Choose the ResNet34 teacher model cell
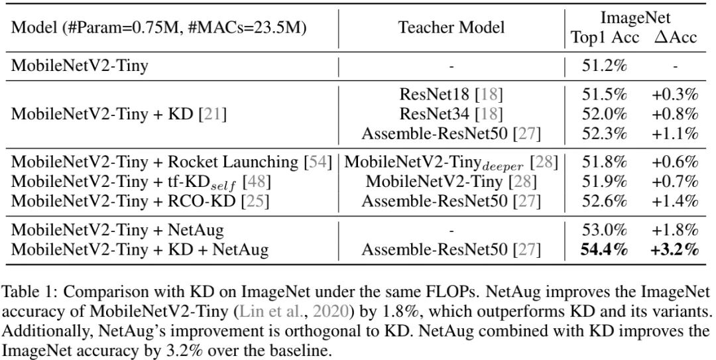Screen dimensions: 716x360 pyautogui.click(x=451, y=115)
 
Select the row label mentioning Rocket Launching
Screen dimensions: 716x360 pyautogui.click(x=172, y=162)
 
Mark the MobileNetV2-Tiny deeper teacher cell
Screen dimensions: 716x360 pyautogui.click(x=451, y=162)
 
